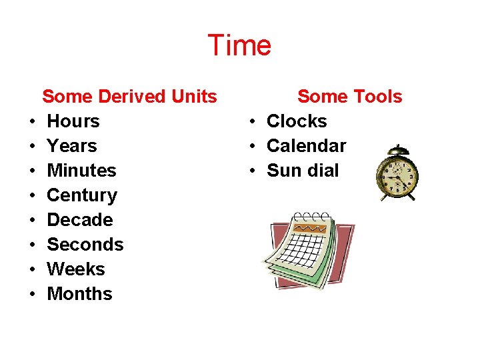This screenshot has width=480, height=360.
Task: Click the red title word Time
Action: coord(239,45)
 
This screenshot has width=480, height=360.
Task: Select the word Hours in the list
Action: coord(73,121)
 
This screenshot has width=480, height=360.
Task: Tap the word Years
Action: coord(72,146)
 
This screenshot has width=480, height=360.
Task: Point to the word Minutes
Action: coord(81,171)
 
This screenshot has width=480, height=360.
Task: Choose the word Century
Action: coord(82,195)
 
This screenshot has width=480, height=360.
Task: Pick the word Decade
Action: coord(80,220)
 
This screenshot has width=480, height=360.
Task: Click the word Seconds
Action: coord(85,245)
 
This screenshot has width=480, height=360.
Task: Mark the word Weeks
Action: coord(76,269)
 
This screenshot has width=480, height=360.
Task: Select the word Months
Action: coord(79,294)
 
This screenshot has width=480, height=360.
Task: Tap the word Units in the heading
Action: coord(194,97)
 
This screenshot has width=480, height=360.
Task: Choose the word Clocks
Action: coord(297,121)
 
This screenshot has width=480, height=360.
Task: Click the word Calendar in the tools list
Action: coord(306,146)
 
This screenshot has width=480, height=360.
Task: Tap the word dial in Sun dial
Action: coord(322,171)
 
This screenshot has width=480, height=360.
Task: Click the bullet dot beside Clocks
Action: coord(253,122)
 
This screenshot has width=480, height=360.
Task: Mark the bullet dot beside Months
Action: coord(32,295)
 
